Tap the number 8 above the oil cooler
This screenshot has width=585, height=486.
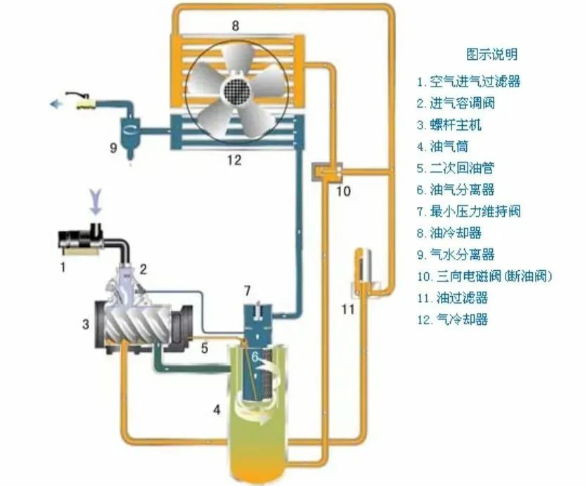coord(236,26)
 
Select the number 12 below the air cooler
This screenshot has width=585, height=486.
coord(234,160)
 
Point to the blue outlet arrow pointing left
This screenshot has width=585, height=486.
coord(54,104)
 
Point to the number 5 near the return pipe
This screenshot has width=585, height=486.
coord(204,347)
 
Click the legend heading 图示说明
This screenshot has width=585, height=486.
coord(491,54)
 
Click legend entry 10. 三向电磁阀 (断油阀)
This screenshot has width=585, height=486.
coord(485,276)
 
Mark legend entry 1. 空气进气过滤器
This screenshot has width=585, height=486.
coord(467,82)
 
